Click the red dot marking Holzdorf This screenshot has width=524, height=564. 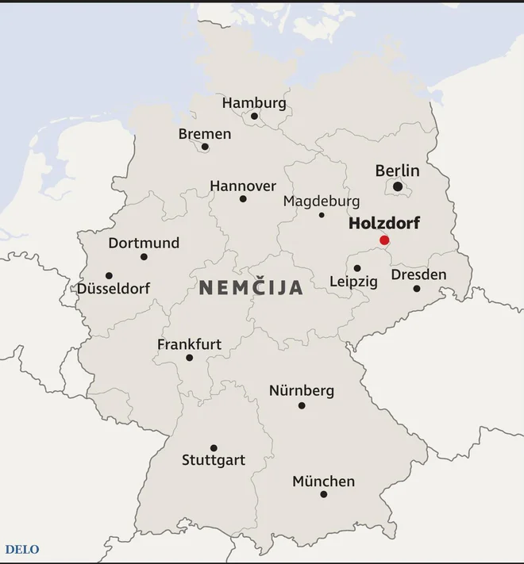pyautogui.click(x=384, y=240)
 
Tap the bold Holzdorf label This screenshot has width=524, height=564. pyautogui.click(x=383, y=224)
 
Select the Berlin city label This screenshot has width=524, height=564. pyautogui.click(x=397, y=171)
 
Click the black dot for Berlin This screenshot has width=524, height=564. pyautogui.click(x=398, y=187)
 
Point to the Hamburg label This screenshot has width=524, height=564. pyautogui.click(x=254, y=103)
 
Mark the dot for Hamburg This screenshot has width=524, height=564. pyautogui.click(x=255, y=117)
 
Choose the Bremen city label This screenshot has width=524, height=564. pyautogui.click(x=205, y=134)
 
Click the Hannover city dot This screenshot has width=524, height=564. pyautogui.click(x=243, y=198)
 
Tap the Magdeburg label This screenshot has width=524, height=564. pyautogui.click(x=322, y=201)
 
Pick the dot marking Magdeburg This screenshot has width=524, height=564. pyautogui.click(x=322, y=215)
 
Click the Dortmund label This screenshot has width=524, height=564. pyautogui.click(x=144, y=243)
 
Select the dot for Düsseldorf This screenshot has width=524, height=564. pyautogui.click(x=109, y=276)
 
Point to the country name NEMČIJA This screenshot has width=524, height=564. pyautogui.click(x=251, y=287)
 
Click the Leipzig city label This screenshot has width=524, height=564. pyautogui.click(x=353, y=282)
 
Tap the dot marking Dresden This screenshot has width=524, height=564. pyautogui.click(x=417, y=288)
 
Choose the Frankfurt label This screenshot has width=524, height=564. pyautogui.click(x=189, y=344)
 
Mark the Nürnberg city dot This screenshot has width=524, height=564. pyautogui.click(x=302, y=405)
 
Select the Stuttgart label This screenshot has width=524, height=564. pyautogui.click(x=214, y=460)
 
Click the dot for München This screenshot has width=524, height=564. pyautogui.click(x=324, y=494)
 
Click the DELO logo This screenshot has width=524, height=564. pyautogui.click(x=22, y=549)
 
